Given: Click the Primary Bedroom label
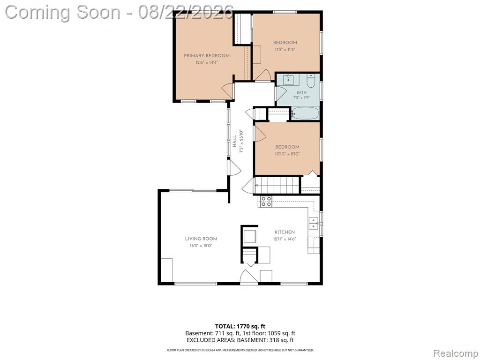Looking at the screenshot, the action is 207,56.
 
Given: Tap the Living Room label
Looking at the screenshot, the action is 201,239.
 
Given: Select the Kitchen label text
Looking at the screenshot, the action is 285,232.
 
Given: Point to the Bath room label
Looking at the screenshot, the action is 301,92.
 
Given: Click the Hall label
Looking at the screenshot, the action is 234,142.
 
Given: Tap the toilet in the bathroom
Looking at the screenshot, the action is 311,81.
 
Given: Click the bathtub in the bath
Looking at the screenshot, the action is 305,113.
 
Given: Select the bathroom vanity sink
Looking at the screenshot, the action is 288,80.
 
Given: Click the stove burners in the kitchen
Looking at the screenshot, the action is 266,202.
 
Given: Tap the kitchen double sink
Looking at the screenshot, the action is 314,224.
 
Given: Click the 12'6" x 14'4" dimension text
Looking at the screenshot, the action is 207,62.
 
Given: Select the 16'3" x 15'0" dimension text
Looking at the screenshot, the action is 201,246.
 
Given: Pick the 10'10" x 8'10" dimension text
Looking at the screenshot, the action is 287,154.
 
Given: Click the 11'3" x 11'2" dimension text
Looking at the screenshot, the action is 285,49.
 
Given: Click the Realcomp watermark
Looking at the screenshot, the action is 455,353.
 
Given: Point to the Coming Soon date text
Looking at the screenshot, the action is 120,12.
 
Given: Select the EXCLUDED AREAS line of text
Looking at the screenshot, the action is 240,340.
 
